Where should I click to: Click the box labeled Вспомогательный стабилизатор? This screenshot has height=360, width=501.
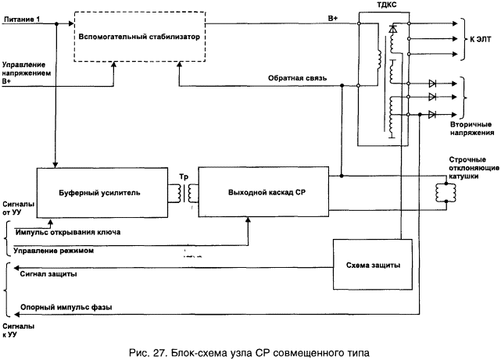pos(140,37)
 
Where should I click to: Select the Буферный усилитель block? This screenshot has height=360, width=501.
pos(102,193)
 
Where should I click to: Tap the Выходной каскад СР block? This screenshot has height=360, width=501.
pos(263,192)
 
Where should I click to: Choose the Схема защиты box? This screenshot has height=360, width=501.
pos(373,265)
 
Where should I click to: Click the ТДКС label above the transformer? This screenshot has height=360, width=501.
pos(387,5)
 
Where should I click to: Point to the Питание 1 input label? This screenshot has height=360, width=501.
pos(22,20)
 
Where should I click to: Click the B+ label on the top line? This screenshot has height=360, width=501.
pos(333,18)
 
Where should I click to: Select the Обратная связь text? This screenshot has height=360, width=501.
pos(297,78)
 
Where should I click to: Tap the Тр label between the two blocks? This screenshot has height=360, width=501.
pos(184,176)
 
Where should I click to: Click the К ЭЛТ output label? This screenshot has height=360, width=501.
pos(480,39)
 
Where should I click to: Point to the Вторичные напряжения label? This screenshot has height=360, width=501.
pos(472,128)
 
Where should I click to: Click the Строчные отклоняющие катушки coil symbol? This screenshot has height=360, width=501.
pos(446,192)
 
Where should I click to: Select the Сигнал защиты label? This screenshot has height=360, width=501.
pos(48,274)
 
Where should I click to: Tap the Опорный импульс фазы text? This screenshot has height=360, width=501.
pos(66,308)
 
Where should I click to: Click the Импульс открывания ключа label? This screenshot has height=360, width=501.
pos(68,232)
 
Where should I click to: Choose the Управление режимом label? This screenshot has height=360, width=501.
pos(54,251)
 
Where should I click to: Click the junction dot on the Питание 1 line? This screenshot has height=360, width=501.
pos(56,24)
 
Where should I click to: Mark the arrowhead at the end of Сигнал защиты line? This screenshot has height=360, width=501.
pos(16,268)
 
